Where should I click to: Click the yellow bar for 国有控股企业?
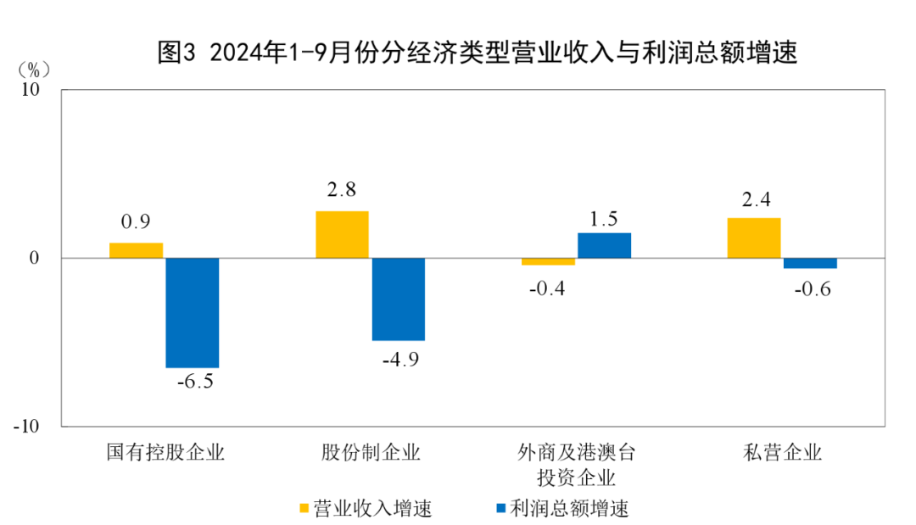(x=136, y=250)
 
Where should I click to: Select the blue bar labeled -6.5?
(x=193, y=312)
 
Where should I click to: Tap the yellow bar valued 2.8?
(x=342, y=234)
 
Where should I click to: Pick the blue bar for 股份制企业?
(x=399, y=299)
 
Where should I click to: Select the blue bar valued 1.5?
(x=605, y=245)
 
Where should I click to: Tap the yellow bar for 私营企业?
(x=754, y=237)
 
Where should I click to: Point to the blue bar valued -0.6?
(x=810, y=263)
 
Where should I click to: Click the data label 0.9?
(x=136, y=223)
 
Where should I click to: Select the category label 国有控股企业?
(x=165, y=452)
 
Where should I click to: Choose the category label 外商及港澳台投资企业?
(x=577, y=463)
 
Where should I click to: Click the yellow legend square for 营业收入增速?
(x=304, y=508)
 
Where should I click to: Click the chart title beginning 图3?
(x=478, y=53)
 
